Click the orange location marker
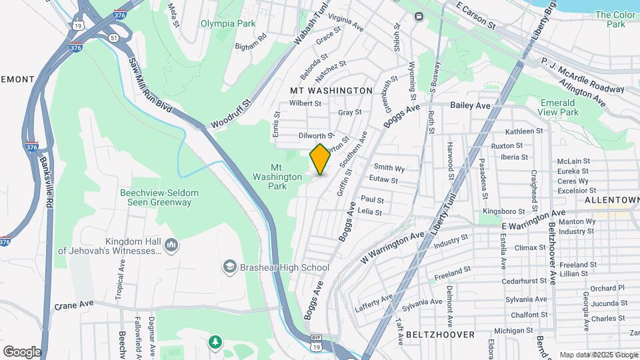[320, 159]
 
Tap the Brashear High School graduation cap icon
[230, 267]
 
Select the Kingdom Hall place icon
[171, 246]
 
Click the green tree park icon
[215, 342]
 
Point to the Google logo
[22, 352]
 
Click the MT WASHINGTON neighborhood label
[331, 90]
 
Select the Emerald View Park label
[558, 107]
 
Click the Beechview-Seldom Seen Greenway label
[159, 197]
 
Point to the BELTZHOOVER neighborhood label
[441, 334]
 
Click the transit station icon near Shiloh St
[419, 16]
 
